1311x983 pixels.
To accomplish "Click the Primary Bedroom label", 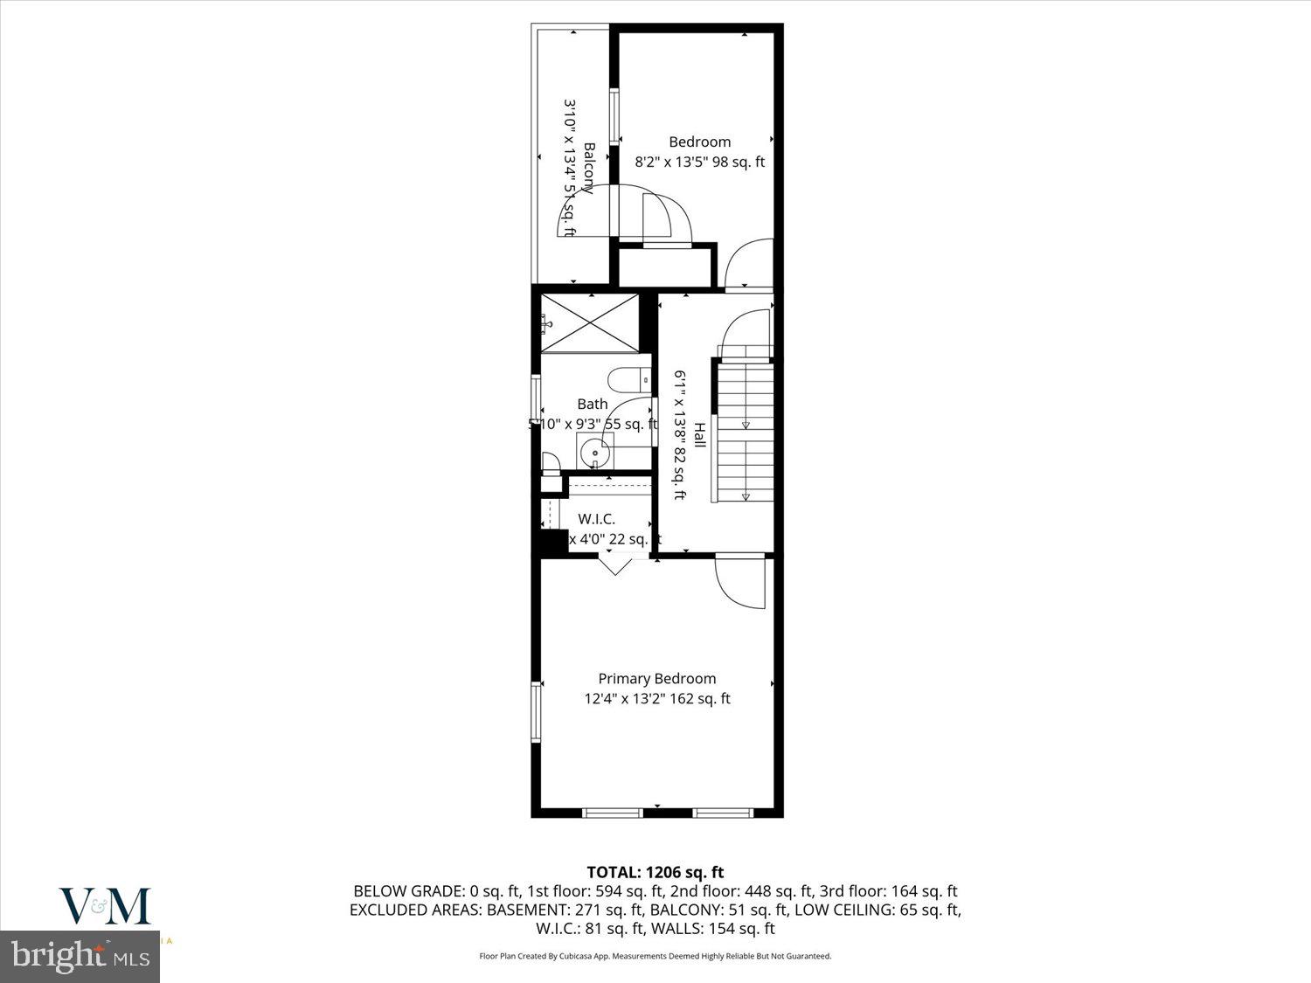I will click(656, 678).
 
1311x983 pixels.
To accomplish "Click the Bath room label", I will click(592, 404).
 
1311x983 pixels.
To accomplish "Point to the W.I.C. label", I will click(596, 519).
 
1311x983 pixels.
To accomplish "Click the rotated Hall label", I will click(699, 435).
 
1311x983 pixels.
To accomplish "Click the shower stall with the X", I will click(591, 323).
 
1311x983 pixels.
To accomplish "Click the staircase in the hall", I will click(746, 432).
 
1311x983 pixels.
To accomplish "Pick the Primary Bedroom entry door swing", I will click(739, 581).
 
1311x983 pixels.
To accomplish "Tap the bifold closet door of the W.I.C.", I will click(616, 564).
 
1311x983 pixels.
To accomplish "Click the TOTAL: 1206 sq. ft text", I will click(655, 872).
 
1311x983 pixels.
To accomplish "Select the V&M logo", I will click(105, 906).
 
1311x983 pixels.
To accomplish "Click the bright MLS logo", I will click(81, 956).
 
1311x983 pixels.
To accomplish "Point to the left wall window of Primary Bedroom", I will click(536, 712).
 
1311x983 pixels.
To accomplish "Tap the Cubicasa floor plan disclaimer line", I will click(655, 956).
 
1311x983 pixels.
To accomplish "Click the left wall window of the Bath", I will click(536, 404).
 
